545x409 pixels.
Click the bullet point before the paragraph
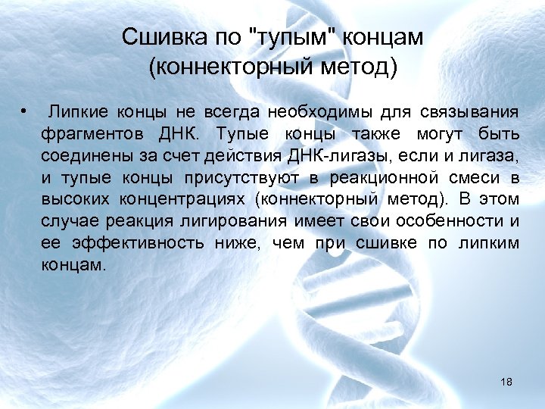coord(25,114)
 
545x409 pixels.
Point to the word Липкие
coord(79,114)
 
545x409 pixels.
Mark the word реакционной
coord(378,179)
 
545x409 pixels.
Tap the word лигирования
coord(240,222)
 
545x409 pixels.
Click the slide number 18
coord(506,382)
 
